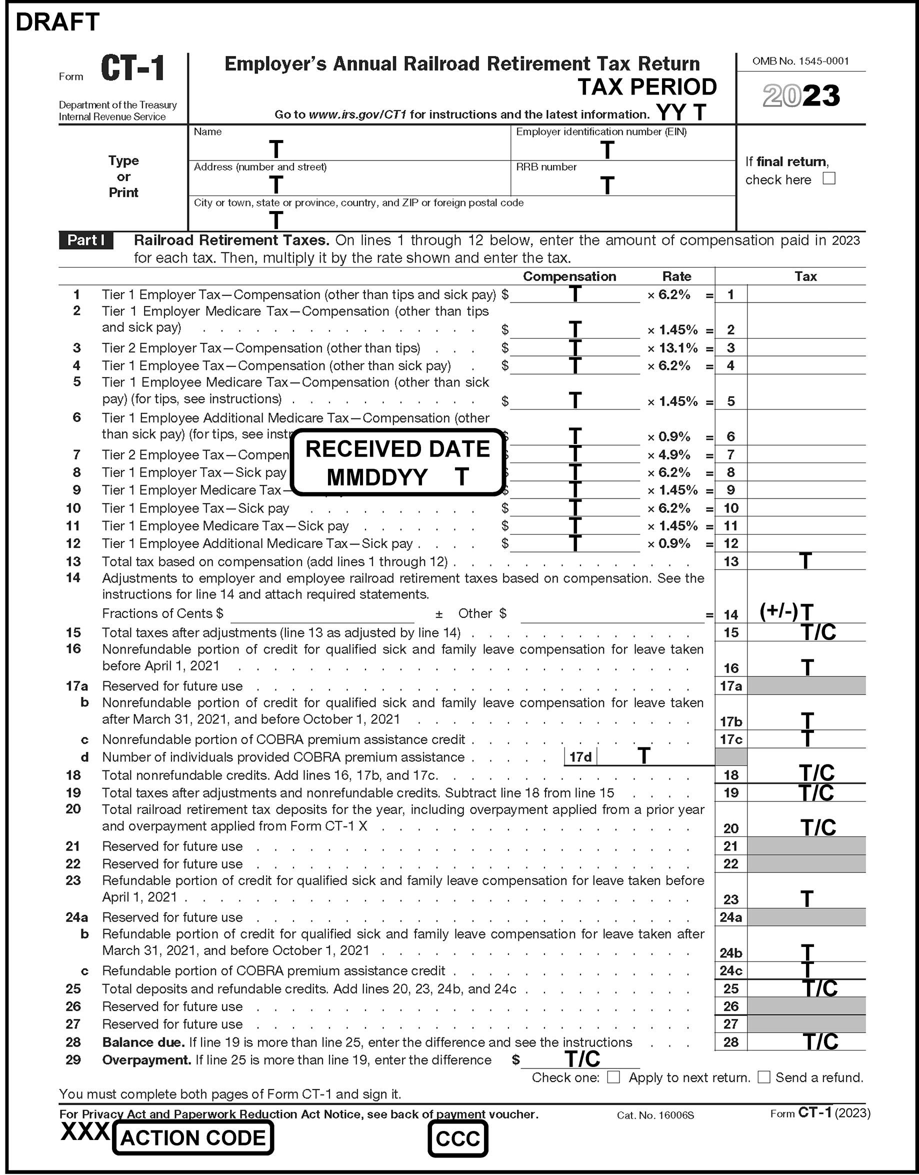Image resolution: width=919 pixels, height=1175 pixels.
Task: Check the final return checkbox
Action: point(828,178)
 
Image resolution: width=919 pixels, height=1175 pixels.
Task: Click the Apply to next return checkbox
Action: point(613,1077)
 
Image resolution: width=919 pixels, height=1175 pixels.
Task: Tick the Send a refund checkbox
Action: point(764,1077)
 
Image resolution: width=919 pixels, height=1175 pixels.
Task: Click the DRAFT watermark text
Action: point(57,22)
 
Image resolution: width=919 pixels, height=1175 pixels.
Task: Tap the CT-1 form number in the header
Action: point(132,69)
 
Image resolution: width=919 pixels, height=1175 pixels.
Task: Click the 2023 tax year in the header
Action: point(801,96)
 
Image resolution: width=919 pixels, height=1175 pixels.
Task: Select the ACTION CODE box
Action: point(192,1138)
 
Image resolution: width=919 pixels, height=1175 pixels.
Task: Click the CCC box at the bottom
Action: point(457,1138)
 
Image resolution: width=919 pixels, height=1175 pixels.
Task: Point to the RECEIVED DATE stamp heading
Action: point(397,448)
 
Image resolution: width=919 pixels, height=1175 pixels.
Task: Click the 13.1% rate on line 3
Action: point(678,348)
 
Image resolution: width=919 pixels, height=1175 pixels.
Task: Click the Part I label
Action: point(86,240)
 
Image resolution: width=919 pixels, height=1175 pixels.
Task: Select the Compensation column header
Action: point(569,276)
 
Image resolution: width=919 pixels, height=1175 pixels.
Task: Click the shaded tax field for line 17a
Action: point(806,686)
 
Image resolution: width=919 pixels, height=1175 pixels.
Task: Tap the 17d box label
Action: point(580,757)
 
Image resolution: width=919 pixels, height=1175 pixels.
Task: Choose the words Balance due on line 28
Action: point(143,1042)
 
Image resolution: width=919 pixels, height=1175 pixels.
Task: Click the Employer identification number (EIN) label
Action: point(601,132)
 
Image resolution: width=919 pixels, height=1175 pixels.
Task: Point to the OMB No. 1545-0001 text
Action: point(800,61)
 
